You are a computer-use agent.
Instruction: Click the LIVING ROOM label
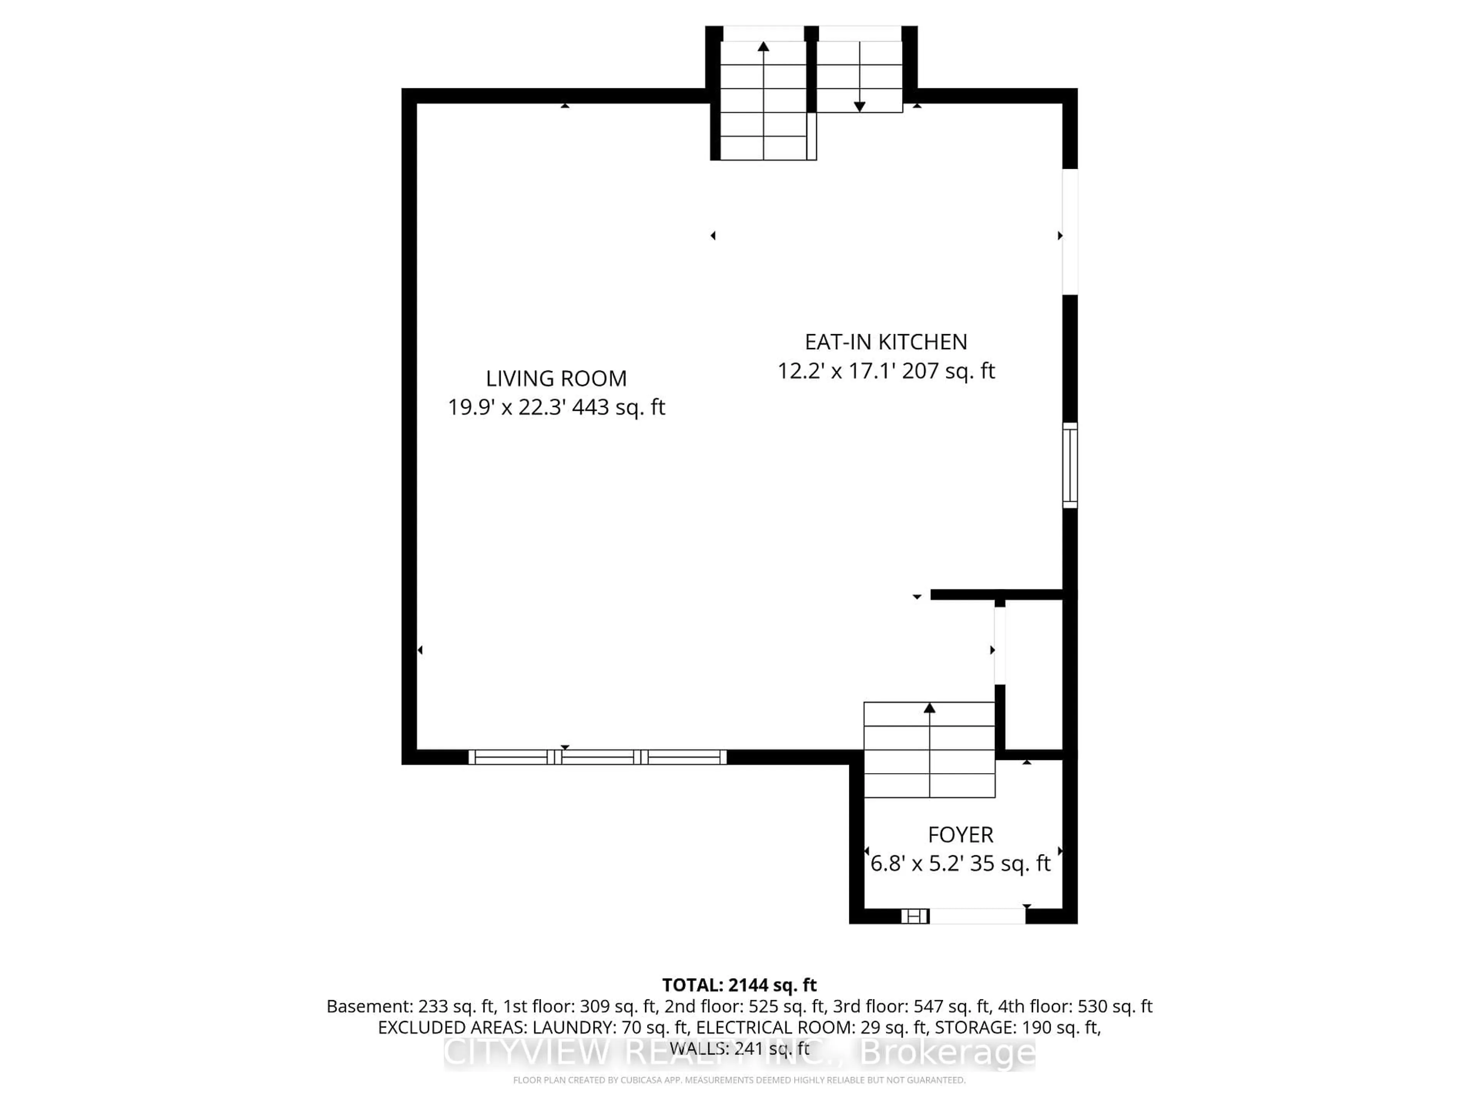[x=556, y=379]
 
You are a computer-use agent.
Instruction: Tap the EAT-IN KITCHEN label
[x=886, y=342]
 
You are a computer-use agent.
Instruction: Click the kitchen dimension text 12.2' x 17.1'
[x=836, y=371]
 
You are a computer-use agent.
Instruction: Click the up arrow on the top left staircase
[x=763, y=46]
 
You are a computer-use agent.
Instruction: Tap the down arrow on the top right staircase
[x=860, y=106]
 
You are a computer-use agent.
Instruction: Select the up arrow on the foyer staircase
[x=929, y=708]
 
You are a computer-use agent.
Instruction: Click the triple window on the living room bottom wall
[x=597, y=757]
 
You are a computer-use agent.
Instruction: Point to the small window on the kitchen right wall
[x=1070, y=465]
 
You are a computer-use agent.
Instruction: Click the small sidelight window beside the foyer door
[x=915, y=916]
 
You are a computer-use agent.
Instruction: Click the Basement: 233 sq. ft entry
[x=410, y=1006]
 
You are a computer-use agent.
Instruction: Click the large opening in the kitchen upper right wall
[x=1070, y=232]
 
